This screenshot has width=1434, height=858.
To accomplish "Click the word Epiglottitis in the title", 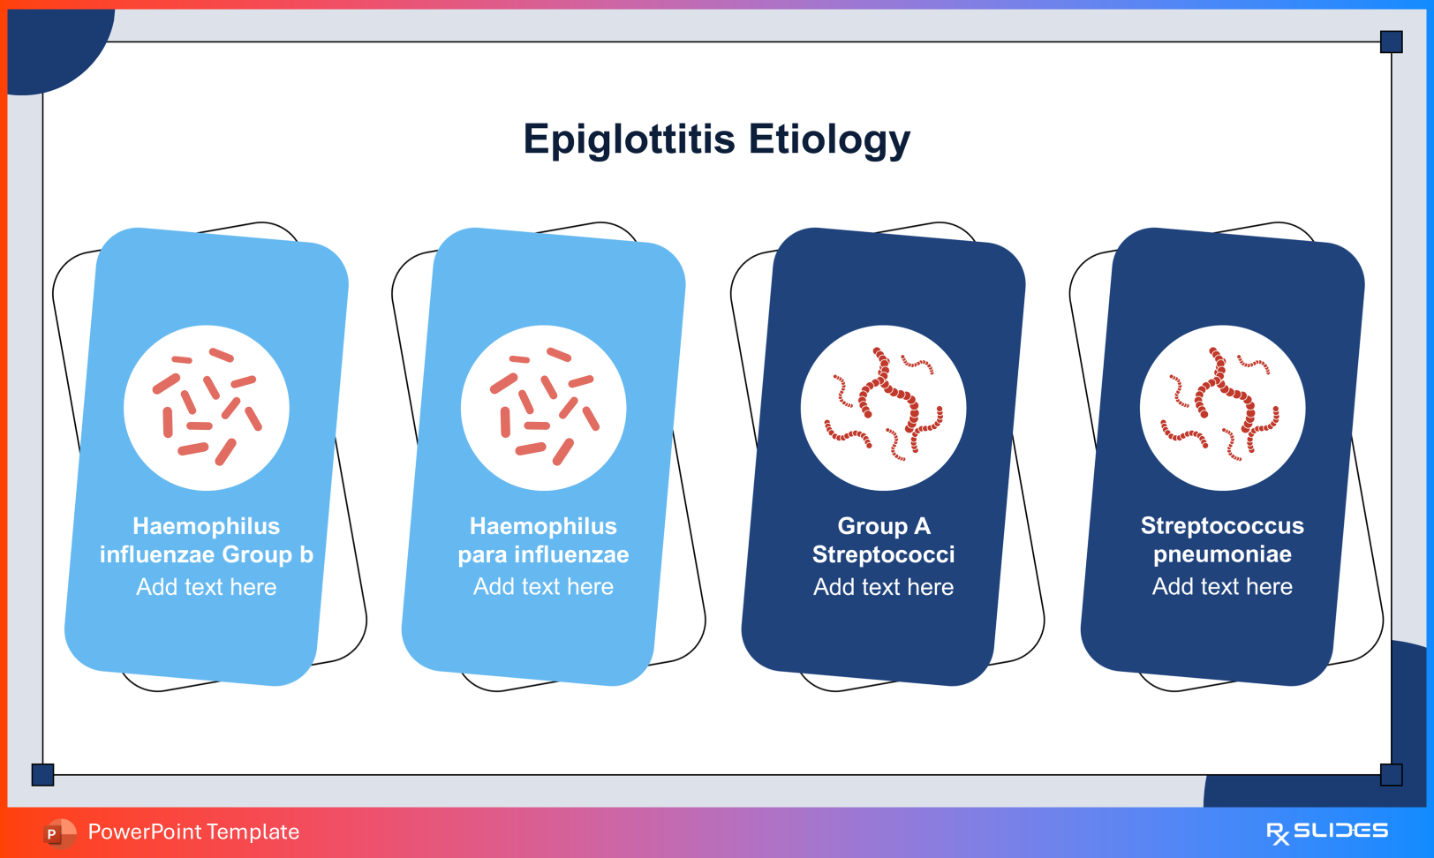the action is (x=629, y=139).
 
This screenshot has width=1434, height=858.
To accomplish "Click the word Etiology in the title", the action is (x=829, y=139).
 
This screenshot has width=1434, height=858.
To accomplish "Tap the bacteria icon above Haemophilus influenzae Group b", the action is (x=207, y=408).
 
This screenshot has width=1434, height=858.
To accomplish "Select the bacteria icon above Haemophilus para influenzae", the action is (x=544, y=408).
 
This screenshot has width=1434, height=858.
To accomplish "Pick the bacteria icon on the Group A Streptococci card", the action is (x=883, y=408).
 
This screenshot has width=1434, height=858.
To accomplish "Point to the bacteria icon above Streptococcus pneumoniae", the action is (x=1222, y=408).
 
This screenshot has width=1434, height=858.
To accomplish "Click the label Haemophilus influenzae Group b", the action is (x=207, y=540).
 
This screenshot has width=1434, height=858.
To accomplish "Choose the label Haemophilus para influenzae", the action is (x=544, y=540).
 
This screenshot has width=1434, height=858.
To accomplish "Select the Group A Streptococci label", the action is (x=883, y=540).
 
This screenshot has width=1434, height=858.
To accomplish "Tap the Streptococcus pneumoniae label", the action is (x=1222, y=539).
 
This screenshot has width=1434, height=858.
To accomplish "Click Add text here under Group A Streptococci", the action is (x=883, y=587).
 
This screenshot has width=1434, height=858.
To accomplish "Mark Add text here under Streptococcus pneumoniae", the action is (x=1222, y=586).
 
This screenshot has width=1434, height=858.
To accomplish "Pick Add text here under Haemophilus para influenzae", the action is (x=544, y=587).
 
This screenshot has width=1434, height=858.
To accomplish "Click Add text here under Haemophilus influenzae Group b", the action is (x=207, y=587).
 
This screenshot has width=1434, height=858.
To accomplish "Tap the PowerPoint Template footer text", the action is (x=193, y=832).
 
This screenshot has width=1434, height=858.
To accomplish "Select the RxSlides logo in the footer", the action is (x=1327, y=832).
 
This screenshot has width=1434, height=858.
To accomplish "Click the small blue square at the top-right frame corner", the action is (x=1392, y=41).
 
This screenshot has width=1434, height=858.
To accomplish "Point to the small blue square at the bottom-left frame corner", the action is (x=42, y=774).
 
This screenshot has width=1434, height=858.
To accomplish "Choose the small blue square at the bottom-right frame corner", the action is (x=1392, y=774).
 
